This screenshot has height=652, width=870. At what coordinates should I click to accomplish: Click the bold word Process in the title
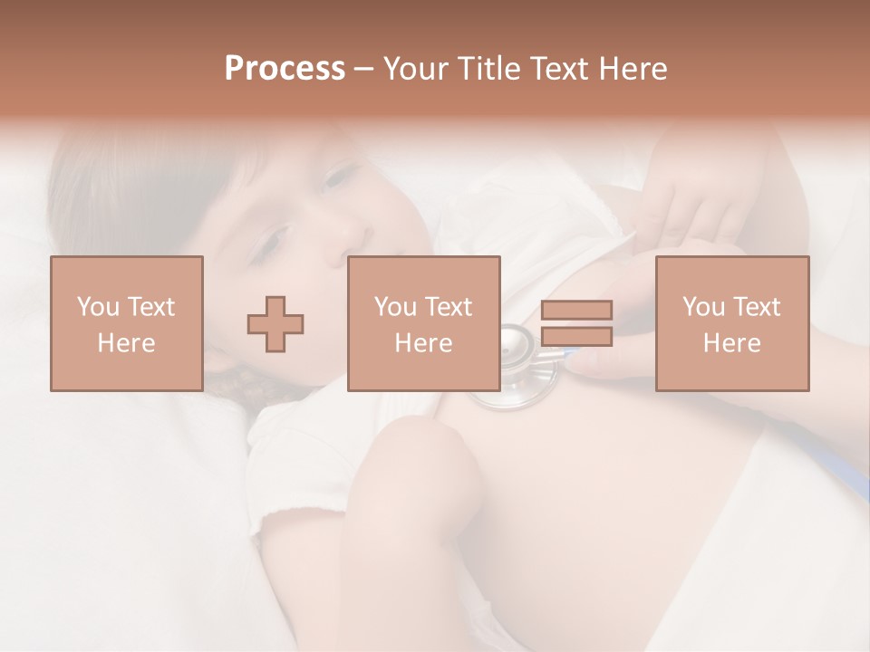[x=285, y=69]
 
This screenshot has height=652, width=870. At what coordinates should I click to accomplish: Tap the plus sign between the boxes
[x=275, y=324]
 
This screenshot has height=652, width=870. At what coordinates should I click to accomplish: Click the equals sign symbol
[x=576, y=323]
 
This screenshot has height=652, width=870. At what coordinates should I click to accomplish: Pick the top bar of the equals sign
[x=576, y=310]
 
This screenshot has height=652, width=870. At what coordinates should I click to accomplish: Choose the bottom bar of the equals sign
[x=576, y=337]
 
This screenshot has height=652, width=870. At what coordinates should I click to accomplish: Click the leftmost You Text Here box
[x=127, y=323]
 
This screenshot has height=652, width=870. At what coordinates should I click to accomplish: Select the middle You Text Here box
[x=424, y=323]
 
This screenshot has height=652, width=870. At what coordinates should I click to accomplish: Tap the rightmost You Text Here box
[x=732, y=323]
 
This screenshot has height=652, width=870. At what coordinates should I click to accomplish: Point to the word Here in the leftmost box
[x=127, y=343]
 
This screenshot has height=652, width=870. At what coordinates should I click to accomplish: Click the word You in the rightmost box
[x=702, y=307]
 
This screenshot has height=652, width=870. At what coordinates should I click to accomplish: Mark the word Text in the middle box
[x=449, y=307]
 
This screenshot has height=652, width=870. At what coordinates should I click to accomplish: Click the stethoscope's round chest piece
[x=515, y=362]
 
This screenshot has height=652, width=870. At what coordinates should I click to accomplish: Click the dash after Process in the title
[x=363, y=69]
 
